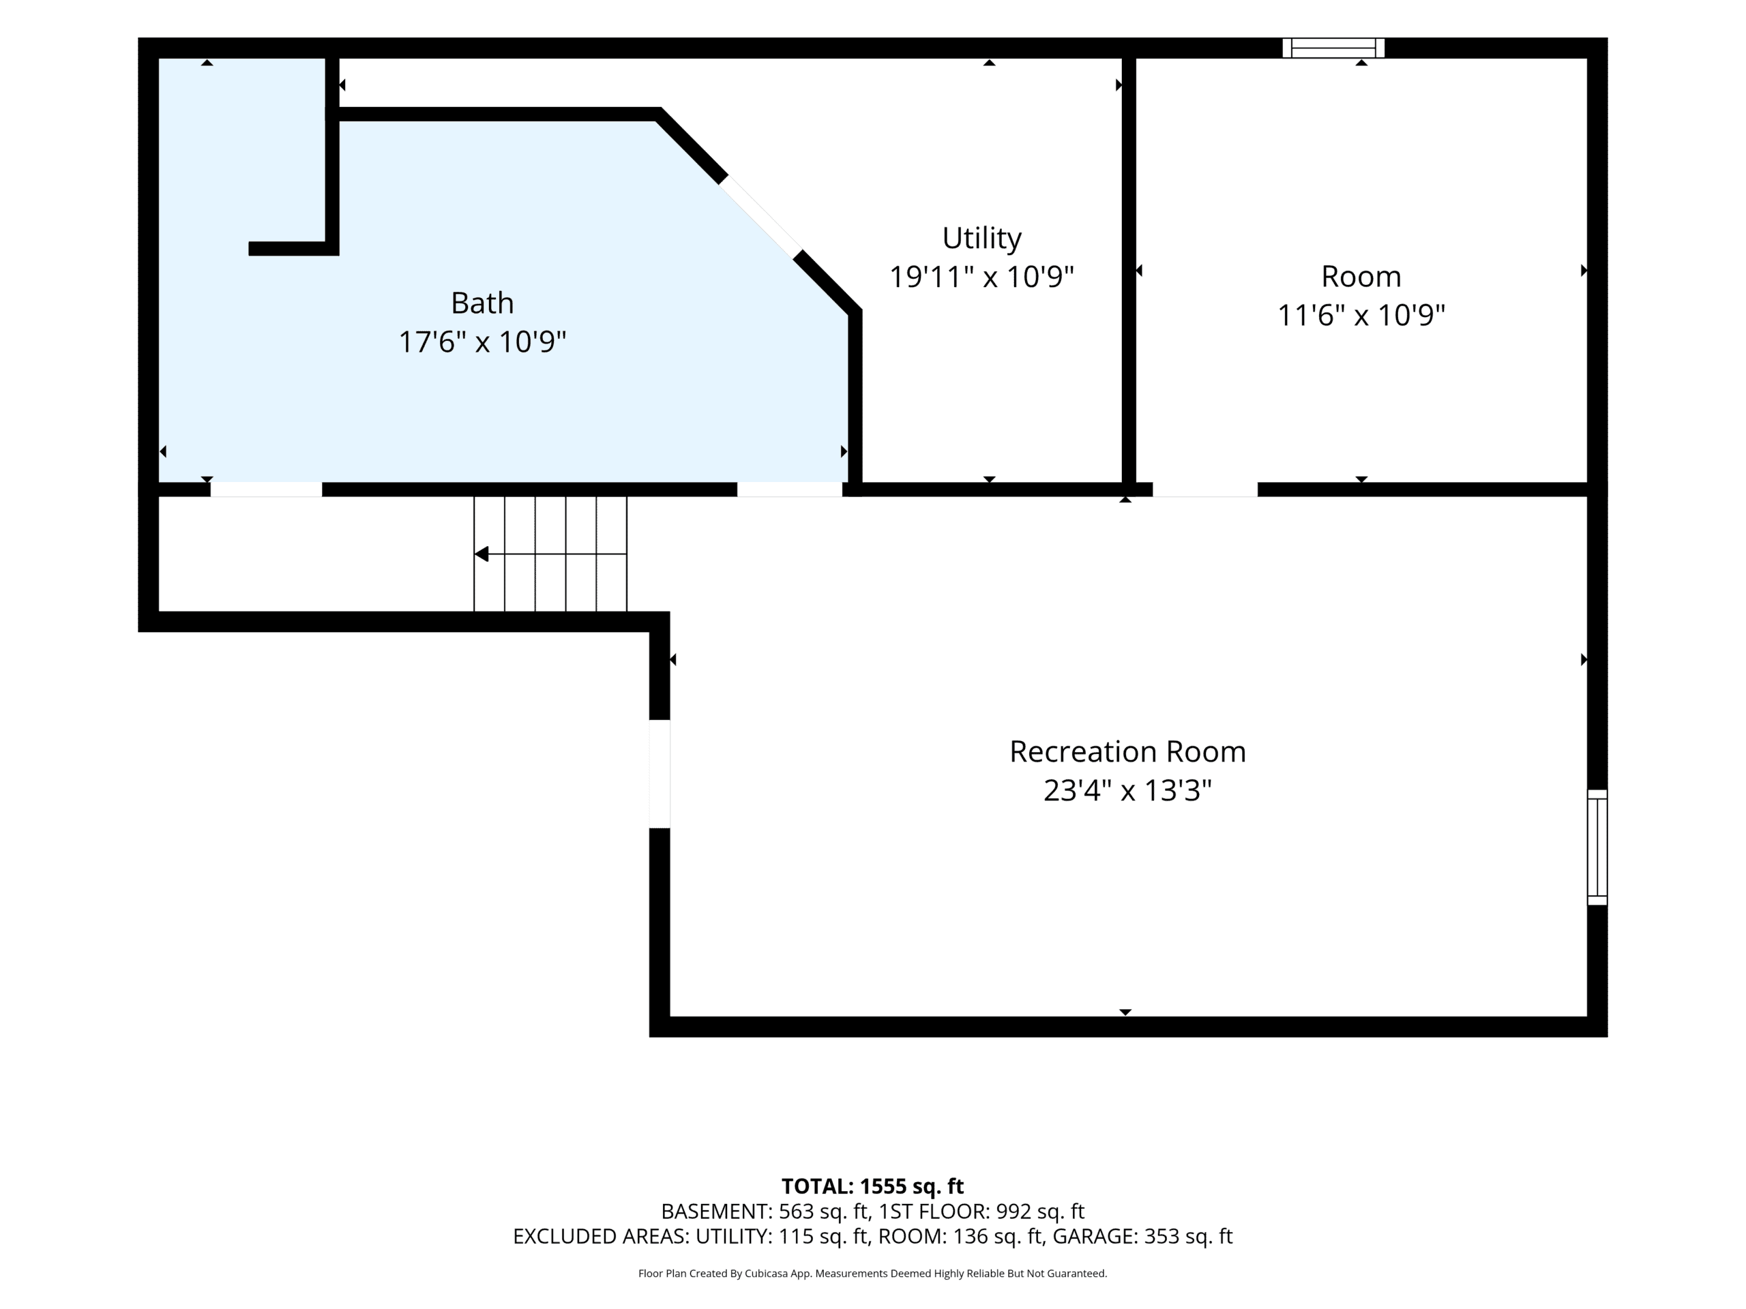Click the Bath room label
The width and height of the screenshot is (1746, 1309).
482,303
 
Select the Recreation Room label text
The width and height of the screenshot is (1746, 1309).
1127,751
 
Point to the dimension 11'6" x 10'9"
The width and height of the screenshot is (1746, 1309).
1361,316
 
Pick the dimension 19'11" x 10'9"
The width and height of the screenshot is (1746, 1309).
981,277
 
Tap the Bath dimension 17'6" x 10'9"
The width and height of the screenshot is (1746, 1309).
482,342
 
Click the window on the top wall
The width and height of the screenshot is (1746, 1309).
1333,48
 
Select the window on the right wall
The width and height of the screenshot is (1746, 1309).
1597,847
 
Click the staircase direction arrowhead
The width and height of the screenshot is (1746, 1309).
482,554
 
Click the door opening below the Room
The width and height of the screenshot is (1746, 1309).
1204,490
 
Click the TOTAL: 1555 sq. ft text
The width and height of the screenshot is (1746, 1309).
872,1186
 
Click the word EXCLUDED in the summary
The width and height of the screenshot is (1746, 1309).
561,1237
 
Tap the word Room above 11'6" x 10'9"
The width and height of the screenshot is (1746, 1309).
1361,277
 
